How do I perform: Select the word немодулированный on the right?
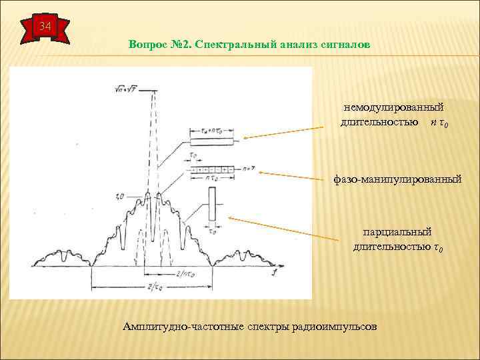393,107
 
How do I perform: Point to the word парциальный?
397,231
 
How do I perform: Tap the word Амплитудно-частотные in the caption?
174,327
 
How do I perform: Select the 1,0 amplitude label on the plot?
120,197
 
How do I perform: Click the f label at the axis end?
275,273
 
